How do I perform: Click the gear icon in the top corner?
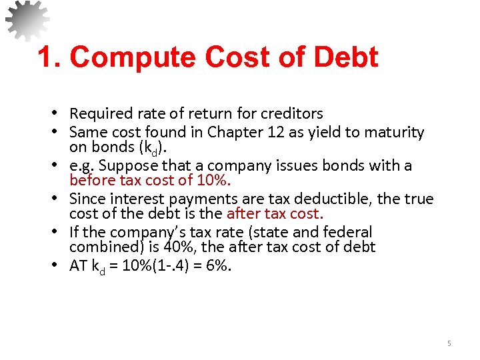click(27, 19)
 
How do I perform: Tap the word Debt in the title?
click(344, 57)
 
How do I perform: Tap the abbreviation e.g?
click(81, 165)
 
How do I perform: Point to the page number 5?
click(449, 343)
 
